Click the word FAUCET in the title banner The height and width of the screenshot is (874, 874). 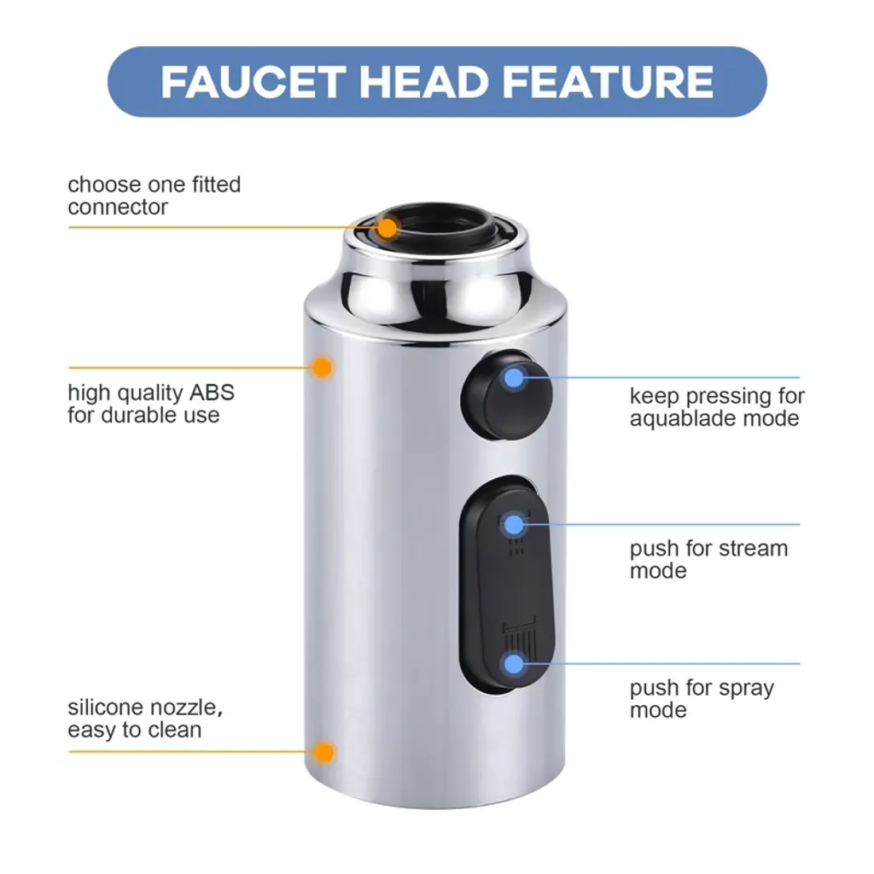pyautogui.click(x=253, y=82)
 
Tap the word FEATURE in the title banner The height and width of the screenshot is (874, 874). pyautogui.click(x=608, y=82)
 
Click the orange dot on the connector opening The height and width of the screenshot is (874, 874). pyautogui.click(x=387, y=228)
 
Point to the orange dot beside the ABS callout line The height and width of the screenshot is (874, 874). pyautogui.click(x=322, y=368)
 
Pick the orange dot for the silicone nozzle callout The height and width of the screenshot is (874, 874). pyautogui.click(x=323, y=753)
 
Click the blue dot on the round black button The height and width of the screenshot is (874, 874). pyautogui.click(x=514, y=378)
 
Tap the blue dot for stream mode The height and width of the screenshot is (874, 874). pyautogui.click(x=514, y=525)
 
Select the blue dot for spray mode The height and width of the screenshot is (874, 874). pyautogui.click(x=514, y=664)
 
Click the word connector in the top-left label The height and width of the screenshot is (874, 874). pyautogui.click(x=118, y=207)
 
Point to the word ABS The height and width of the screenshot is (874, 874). pyautogui.click(x=212, y=393)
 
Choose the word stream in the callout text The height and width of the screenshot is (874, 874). pyautogui.click(x=753, y=549)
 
